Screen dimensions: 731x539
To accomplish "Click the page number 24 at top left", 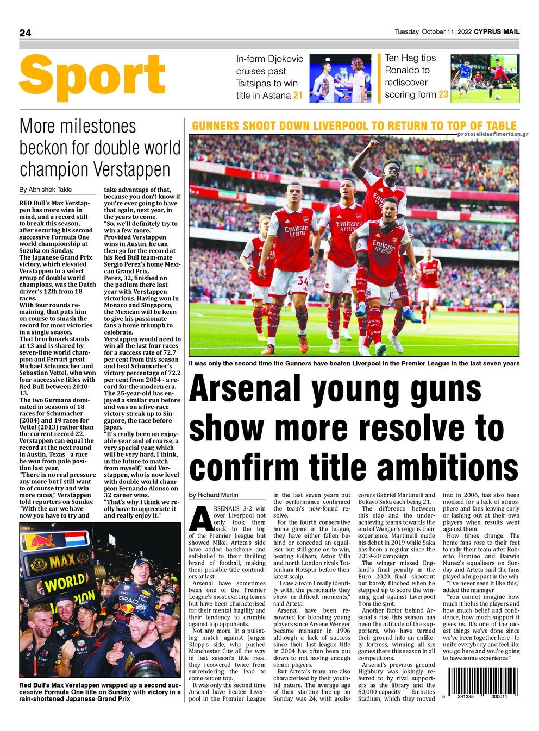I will tap(25, 33).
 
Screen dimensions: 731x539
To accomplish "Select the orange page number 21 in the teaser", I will tap(298, 96).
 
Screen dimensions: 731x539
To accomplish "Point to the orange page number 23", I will tap(443, 94).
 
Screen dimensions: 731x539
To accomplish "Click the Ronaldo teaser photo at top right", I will tap(485, 77).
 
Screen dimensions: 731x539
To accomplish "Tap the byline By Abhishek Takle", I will tap(45, 190).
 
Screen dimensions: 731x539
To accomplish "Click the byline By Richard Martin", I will tap(213, 495).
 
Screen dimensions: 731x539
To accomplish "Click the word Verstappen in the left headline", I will tap(132, 169).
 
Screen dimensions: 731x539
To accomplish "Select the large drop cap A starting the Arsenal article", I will tap(201, 519).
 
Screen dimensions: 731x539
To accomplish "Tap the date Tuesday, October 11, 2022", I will tap(433, 31).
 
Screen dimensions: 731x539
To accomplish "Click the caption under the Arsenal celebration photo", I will tap(354, 363).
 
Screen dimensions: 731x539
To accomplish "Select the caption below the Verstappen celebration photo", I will tap(100, 692).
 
